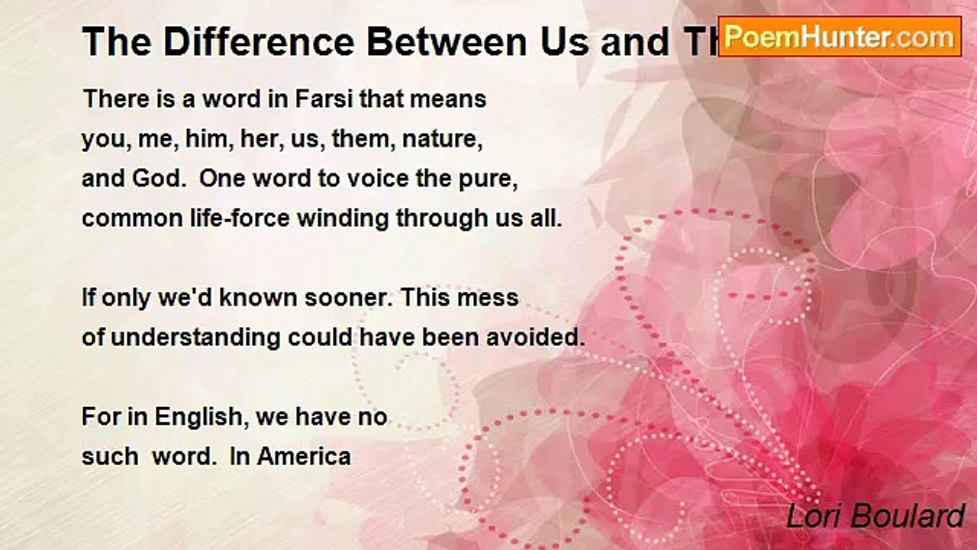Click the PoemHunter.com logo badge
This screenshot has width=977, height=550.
840,36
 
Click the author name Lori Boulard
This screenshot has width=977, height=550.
875,517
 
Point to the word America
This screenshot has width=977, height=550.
304,457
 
